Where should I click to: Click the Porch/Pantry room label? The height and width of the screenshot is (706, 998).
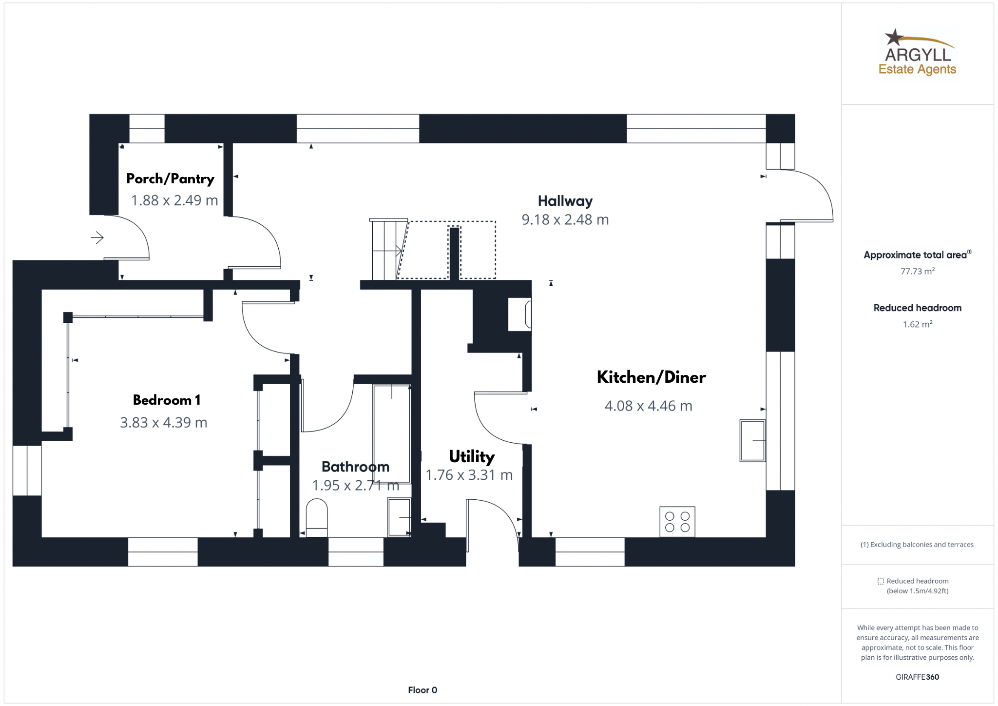click(170, 179)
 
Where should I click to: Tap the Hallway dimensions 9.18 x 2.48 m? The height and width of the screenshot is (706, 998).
click(565, 220)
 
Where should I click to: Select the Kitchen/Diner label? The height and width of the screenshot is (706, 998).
click(651, 377)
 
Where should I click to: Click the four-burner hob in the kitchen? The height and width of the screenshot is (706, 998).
click(677, 522)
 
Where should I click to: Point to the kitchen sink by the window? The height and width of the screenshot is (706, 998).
click(752, 440)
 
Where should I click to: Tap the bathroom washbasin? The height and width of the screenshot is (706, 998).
click(399, 517)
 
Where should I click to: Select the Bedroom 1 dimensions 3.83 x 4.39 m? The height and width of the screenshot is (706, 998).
click(164, 423)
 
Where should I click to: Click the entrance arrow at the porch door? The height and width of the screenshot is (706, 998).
click(97, 238)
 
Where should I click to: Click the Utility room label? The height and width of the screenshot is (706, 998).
click(471, 457)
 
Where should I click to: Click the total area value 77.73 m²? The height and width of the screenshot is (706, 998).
click(917, 272)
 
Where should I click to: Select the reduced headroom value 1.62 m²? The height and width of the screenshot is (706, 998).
click(917, 324)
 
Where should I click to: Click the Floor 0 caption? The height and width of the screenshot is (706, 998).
click(422, 690)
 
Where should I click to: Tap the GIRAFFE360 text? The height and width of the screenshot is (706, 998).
click(917, 677)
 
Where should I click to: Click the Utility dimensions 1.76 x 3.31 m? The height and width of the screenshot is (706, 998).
click(469, 475)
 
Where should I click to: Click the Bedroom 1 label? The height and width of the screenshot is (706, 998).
click(167, 400)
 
